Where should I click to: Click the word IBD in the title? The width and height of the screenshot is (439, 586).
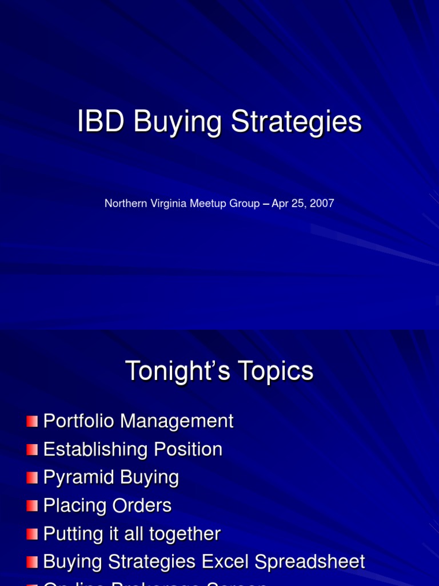pyautogui.click(x=101, y=122)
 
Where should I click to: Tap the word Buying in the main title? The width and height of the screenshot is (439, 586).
pyautogui.click(x=177, y=123)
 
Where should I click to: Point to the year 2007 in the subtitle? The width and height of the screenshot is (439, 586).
pyautogui.click(x=321, y=204)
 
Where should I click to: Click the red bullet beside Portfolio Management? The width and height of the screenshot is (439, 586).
pyautogui.click(x=32, y=422)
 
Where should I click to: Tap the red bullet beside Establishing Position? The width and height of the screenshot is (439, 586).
pyautogui.click(x=32, y=450)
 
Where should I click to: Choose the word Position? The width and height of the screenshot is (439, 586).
pyautogui.click(x=187, y=449)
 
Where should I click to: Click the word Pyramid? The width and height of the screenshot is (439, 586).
pyautogui.click(x=75, y=478)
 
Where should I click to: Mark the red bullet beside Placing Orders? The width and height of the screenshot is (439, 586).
pyautogui.click(x=32, y=506)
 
